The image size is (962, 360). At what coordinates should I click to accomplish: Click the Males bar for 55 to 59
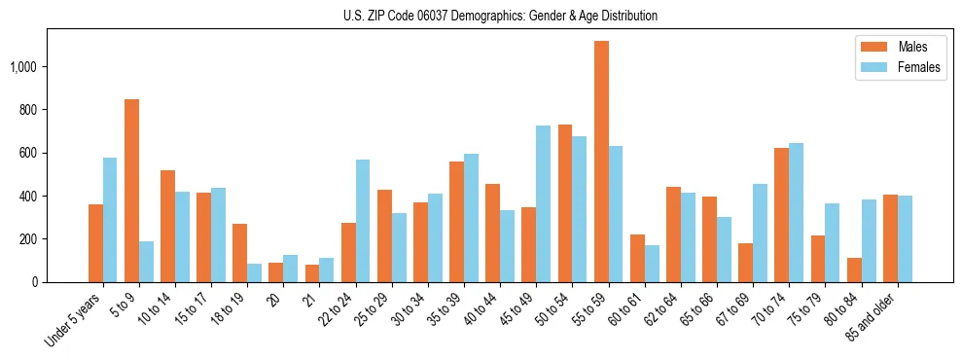[x=601, y=162]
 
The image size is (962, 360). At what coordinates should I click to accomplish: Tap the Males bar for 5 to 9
[x=131, y=191]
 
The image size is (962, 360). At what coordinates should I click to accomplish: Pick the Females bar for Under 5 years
[x=110, y=220]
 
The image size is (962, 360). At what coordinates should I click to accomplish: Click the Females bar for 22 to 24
[x=363, y=221]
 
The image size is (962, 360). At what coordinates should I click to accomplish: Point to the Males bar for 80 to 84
[x=855, y=270]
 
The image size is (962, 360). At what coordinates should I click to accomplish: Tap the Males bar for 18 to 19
[x=239, y=253]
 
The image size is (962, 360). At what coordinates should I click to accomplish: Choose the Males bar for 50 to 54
[x=565, y=203]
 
